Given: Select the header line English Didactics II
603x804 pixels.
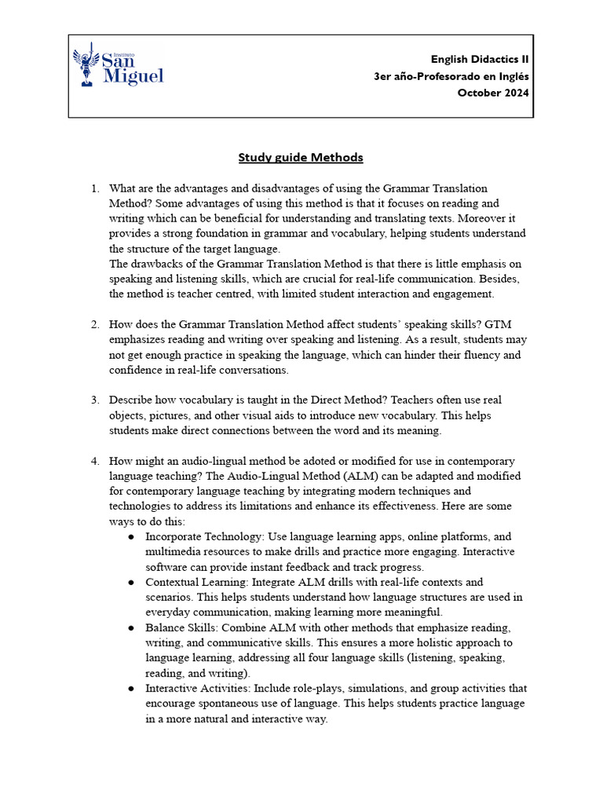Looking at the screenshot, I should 480,60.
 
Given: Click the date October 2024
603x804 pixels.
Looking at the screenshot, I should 493,93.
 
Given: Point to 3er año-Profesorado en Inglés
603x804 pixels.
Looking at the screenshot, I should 451,76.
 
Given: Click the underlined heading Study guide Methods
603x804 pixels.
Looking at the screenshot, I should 301,157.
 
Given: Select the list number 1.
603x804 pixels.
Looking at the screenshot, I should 94,188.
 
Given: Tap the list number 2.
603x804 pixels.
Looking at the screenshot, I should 94,324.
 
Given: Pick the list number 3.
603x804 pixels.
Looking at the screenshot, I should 94,400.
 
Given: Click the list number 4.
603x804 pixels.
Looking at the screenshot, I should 94,461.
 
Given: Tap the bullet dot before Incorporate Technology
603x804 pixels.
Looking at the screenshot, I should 130,537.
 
